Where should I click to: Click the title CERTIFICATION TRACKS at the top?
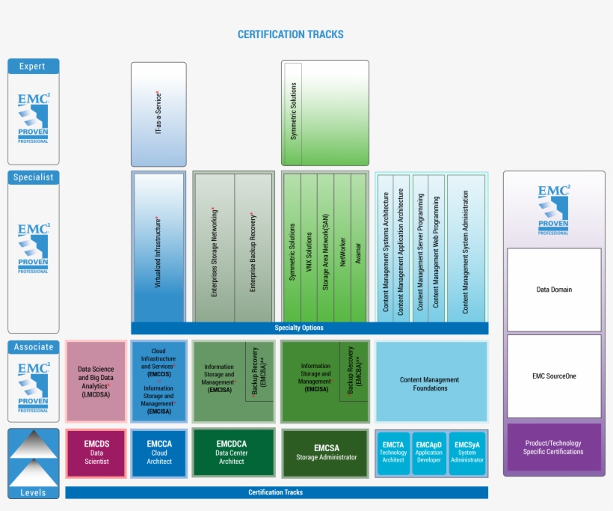pyautogui.click(x=290, y=34)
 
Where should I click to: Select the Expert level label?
pyautogui.click(x=33, y=67)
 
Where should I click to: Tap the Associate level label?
pyautogui.click(x=33, y=347)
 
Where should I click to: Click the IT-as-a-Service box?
pyautogui.click(x=158, y=114)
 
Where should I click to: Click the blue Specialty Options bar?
pyautogui.click(x=309, y=328)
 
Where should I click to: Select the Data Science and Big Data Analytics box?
pyautogui.click(x=95, y=382)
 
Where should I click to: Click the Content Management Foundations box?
pyautogui.click(x=431, y=383)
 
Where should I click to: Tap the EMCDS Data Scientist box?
pyautogui.click(x=95, y=453)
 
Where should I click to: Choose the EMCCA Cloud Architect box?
pyautogui.click(x=158, y=453)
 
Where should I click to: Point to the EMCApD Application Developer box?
pyautogui.click(x=430, y=453)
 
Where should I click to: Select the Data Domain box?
pyautogui.click(x=554, y=290)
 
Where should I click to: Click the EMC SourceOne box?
pyautogui.click(x=554, y=376)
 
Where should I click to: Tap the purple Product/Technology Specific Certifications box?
pyautogui.click(x=554, y=447)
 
